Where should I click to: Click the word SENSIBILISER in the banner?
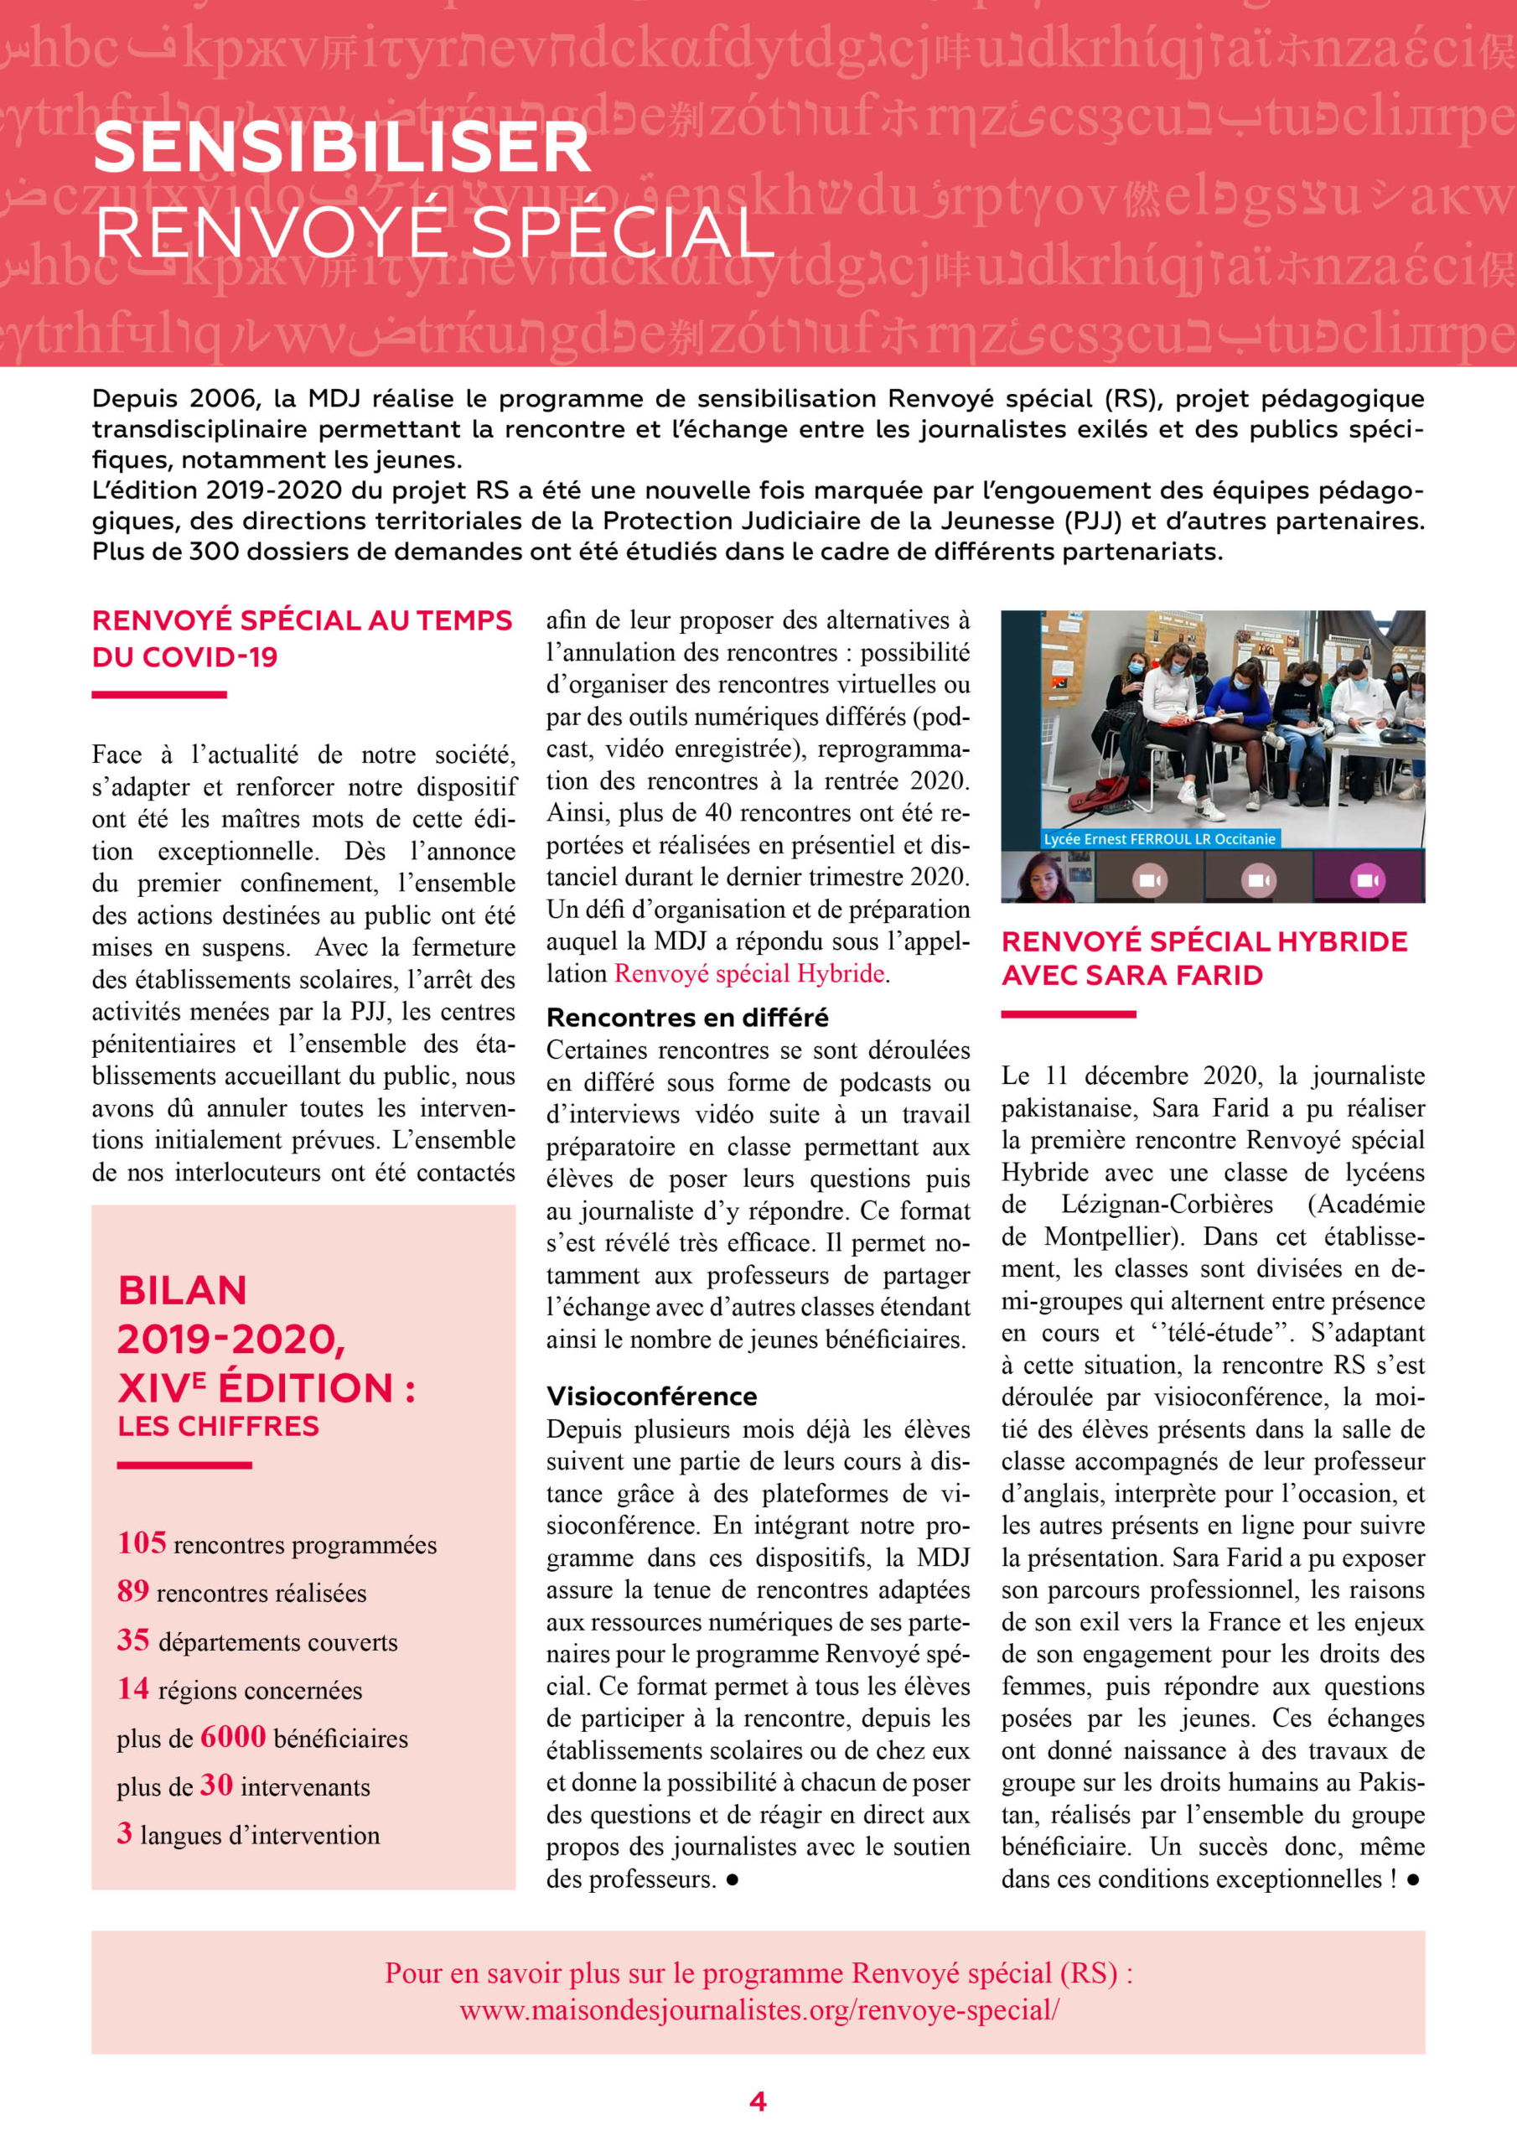[x=341, y=148]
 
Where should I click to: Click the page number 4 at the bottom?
[x=758, y=2101]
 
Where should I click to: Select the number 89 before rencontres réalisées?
[x=132, y=1591]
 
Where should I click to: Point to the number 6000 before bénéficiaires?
[x=233, y=1737]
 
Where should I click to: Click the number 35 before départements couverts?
[x=132, y=1640]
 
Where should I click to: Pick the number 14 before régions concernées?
[x=132, y=1688]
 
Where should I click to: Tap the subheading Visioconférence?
[x=651, y=1397]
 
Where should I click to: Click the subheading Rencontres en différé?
[x=687, y=1017]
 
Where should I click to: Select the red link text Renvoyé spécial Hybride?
[x=748, y=974]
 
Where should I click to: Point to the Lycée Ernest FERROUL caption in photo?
[x=1159, y=838]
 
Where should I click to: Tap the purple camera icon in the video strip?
[x=1368, y=880]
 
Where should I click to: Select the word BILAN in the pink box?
[x=182, y=1291]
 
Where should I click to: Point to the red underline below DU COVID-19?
[x=159, y=694]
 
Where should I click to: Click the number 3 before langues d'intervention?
[x=124, y=1832]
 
